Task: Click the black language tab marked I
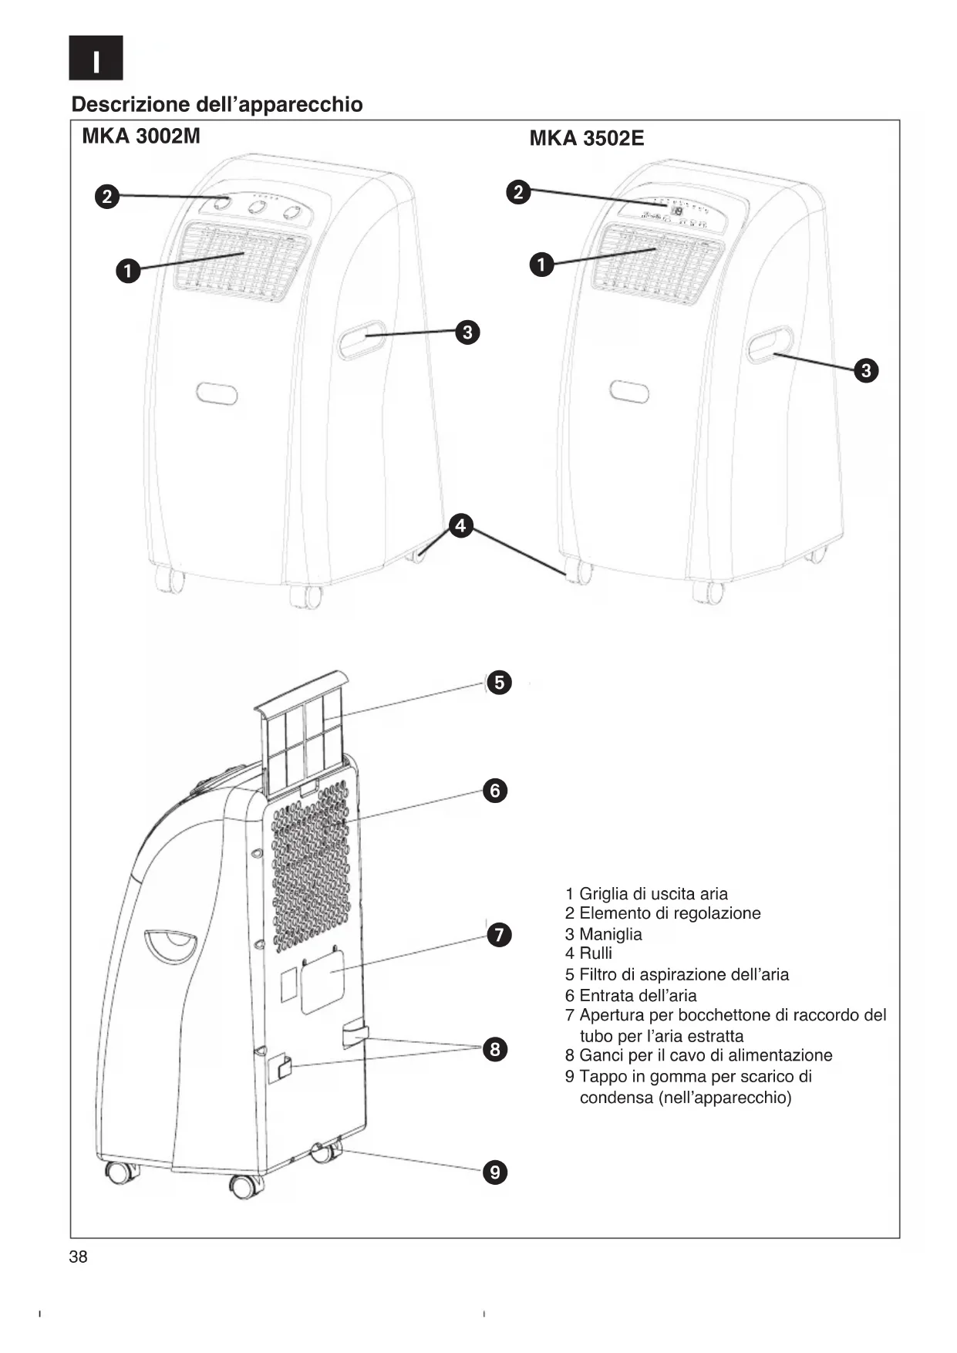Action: tap(96, 59)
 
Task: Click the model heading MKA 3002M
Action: tap(140, 137)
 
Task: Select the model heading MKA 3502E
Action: tap(586, 139)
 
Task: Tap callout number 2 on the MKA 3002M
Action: tap(107, 197)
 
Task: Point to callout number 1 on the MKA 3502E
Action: tap(541, 265)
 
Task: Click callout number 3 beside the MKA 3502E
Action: tap(866, 370)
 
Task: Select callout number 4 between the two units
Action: tap(460, 526)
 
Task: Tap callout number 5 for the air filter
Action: tap(500, 683)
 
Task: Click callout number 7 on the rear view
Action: tap(499, 936)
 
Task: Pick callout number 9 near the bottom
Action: tap(495, 1172)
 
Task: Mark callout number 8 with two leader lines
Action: tap(495, 1049)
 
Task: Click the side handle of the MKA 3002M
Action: tap(362, 339)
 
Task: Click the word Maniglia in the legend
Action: tap(610, 934)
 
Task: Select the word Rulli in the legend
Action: tap(595, 953)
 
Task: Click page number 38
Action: tap(79, 1257)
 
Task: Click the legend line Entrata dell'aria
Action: tap(637, 996)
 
